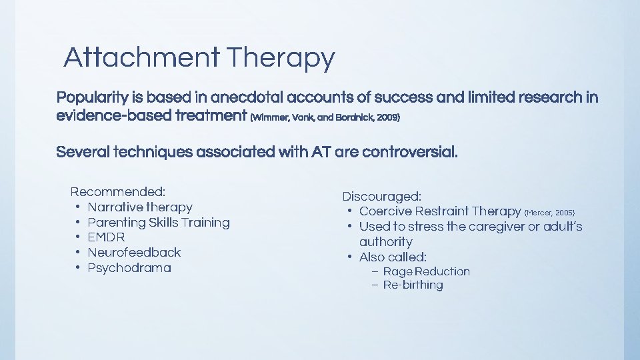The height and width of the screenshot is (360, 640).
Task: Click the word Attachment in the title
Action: click(141, 58)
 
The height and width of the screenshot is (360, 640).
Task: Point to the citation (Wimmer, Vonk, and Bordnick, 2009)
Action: click(325, 117)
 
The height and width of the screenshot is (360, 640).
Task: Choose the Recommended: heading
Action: click(118, 192)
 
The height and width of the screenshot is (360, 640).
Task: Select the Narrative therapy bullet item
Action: click(140, 207)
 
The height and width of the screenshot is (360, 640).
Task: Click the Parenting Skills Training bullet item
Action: click(159, 223)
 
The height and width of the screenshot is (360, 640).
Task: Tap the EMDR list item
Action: click(106, 237)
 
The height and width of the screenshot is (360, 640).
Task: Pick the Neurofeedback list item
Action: click(134, 253)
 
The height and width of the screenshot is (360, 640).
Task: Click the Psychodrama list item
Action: click(129, 268)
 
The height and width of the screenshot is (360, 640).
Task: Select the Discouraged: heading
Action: click(382, 197)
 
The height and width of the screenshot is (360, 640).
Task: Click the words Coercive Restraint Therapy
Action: click(440, 211)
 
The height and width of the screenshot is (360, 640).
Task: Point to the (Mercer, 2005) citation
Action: click(549, 213)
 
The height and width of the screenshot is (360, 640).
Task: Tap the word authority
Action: click(385, 242)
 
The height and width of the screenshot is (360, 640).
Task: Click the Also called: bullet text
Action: click(393, 257)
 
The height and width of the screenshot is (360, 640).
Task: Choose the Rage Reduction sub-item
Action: click(426, 271)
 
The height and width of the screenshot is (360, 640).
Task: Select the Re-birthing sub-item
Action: click(413, 285)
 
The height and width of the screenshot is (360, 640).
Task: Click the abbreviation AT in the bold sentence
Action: click(319, 152)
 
